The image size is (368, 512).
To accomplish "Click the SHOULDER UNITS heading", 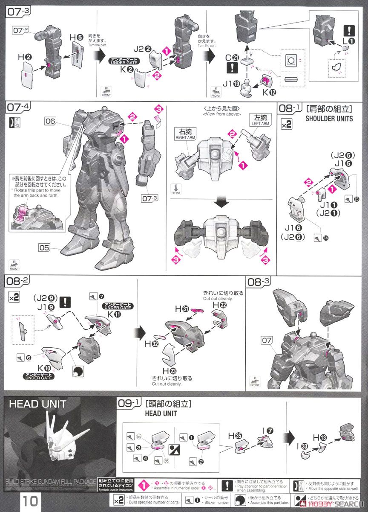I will [x=329, y=119].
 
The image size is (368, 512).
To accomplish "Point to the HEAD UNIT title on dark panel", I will [x=38, y=403].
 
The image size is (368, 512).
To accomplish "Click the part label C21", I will [x=232, y=58].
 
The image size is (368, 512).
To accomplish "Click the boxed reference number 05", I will [x=51, y=247].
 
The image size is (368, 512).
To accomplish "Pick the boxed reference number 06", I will [x=51, y=121].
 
